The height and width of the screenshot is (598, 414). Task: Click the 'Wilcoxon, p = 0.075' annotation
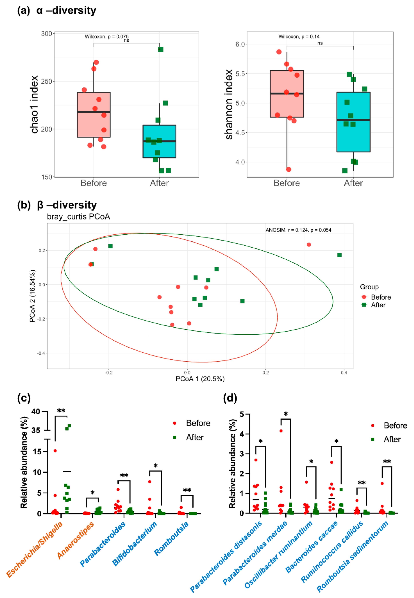pos(107,36)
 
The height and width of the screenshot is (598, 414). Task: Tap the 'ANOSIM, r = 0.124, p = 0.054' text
pos(298,230)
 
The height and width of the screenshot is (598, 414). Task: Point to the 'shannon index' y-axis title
pos(229,104)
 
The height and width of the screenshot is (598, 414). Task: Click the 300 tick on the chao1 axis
pos(47,34)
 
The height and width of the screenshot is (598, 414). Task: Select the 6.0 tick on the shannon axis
pos(240,44)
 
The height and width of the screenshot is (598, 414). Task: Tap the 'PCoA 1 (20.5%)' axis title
pos(200,379)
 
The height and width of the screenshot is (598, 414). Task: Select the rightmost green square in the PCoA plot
pos(339,255)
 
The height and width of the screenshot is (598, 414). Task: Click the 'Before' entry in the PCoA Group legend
pos(380,297)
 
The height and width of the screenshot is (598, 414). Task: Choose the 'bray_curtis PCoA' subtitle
pos(78,217)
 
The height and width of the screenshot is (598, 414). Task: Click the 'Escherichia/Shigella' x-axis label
pos(35,549)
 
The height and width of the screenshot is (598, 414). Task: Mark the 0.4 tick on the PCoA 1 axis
pos(344,373)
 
